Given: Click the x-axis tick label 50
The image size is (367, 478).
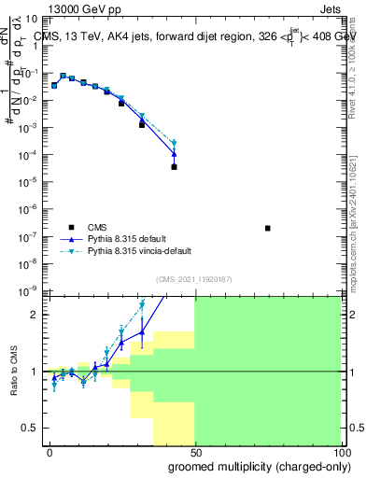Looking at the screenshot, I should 195,453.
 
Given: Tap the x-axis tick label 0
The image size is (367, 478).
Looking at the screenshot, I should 49,453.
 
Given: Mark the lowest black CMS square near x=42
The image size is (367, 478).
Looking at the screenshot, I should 175,167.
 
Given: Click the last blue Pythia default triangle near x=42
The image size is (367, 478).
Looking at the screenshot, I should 175,153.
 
